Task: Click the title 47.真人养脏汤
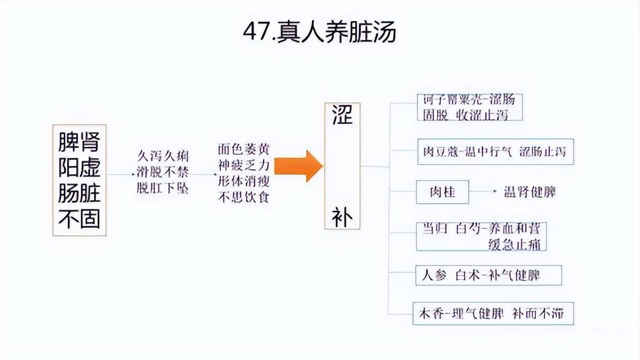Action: point(319,33)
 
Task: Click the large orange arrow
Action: point(298,166)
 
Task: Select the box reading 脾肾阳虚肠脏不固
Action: point(80,179)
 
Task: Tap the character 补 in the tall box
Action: point(342,217)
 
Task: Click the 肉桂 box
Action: point(442,192)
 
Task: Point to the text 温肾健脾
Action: point(530,192)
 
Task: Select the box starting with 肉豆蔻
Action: point(495,152)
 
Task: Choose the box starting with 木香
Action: point(493,314)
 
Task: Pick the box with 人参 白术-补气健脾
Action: point(488,276)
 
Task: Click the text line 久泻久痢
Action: point(163,156)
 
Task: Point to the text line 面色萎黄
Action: point(244,149)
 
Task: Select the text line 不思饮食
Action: point(244,198)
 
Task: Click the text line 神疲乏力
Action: point(244,166)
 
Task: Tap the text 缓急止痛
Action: point(516,244)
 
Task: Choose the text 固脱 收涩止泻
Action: point(465,114)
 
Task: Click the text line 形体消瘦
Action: point(244,182)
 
